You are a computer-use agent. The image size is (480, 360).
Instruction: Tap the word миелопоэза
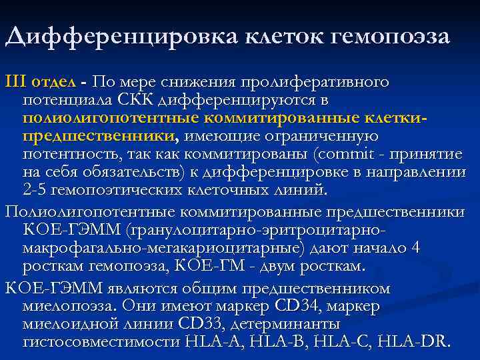pyautogui.click(x=66, y=307)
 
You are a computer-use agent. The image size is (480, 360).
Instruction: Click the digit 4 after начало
pyautogui.click(x=416, y=249)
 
